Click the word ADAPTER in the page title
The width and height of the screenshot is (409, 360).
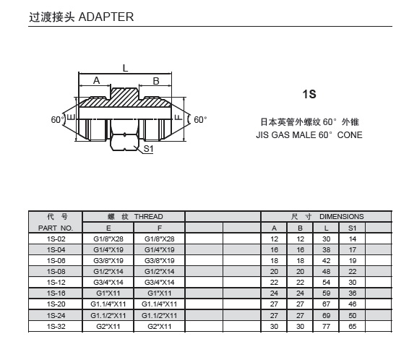point(106,17)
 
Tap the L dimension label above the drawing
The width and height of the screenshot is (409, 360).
point(125,69)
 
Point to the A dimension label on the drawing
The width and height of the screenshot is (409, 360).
point(97,80)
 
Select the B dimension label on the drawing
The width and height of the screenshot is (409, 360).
point(156,81)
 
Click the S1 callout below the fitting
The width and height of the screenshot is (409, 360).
point(148,149)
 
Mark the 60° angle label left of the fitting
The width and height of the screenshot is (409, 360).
point(57,120)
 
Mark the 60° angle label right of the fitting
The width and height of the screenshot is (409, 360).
point(200,120)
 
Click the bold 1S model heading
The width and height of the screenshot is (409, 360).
point(309,94)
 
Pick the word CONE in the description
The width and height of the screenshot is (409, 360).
point(350,135)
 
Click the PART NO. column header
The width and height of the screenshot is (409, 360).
point(56,228)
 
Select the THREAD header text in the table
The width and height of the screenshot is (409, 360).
point(149,217)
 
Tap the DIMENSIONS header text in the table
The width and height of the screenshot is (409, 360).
point(342,217)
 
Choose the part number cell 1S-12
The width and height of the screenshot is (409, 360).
point(56,282)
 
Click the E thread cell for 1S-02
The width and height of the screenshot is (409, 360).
point(108,239)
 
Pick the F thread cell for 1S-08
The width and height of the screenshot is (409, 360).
point(160,271)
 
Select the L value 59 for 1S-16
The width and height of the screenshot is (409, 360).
point(327,293)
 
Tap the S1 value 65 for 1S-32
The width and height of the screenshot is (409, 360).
point(353,326)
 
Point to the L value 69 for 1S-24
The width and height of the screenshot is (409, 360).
point(327,315)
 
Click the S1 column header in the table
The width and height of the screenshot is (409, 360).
point(352,228)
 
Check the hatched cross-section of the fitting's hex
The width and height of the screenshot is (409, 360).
point(125,98)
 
